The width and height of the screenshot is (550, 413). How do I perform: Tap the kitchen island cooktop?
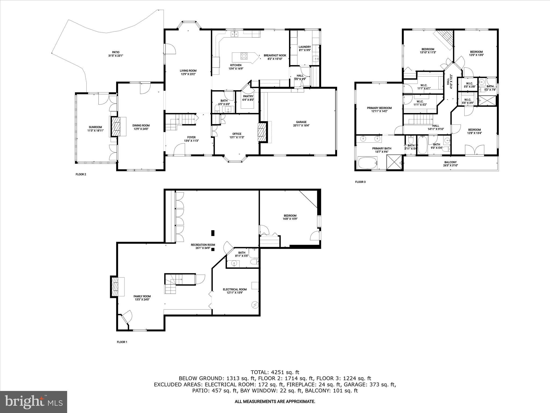coord(244,56)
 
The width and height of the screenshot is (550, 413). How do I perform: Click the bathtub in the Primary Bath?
coord(368,163)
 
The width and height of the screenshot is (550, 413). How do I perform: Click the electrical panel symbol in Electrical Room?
coord(255,305)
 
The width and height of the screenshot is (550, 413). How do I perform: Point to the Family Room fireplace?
coord(115,287)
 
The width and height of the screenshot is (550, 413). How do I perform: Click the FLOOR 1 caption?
coord(122,342)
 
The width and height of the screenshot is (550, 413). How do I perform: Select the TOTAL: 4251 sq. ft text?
coord(275,372)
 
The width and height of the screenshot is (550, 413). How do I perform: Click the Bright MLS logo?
coord(34,402)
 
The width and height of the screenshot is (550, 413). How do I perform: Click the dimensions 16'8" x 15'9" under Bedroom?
coord(290,219)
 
